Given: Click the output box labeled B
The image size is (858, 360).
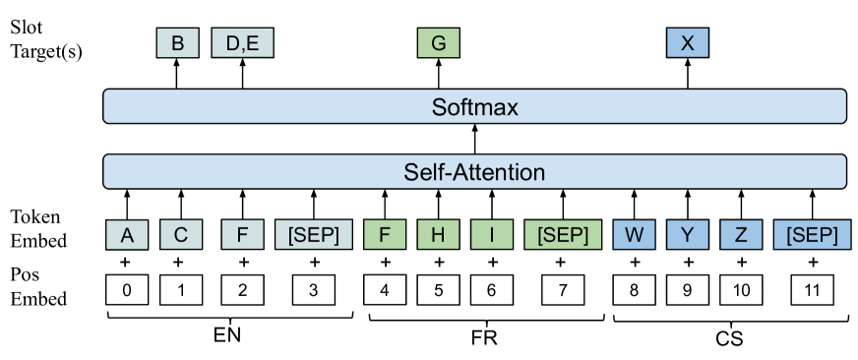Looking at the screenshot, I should click(x=178, y=43).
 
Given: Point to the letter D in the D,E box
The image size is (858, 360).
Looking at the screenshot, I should click(x=232, y=43).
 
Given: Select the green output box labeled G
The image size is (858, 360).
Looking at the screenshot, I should click(x=438, y=43).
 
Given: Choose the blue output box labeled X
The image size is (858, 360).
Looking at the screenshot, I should click(x=687, y=43).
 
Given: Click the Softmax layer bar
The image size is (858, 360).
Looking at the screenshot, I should click(x=474, y=106).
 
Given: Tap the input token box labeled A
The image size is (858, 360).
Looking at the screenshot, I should click(x=127, y=235).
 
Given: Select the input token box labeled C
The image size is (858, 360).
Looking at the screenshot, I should click(x=181, y=235).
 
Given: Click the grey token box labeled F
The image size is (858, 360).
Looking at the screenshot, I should click(x=242, y=235).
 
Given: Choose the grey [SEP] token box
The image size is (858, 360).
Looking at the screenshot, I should click(x=313, y=235).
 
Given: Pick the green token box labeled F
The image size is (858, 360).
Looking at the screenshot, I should click(x=384, y=235).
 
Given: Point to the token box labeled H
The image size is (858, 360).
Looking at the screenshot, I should click(x=438, y=235).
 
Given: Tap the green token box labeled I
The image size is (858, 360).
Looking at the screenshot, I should click(x=491, y=235).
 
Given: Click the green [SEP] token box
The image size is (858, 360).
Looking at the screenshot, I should click(x=562, y=235).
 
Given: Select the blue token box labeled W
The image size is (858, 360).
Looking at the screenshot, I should click(x=634, y=235).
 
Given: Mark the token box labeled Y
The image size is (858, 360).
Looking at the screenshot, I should click(x=687, y=235).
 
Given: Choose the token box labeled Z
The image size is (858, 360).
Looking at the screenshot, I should click(x=740, y=235).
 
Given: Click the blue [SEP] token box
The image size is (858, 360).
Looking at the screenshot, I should click(x=811, y=235).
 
